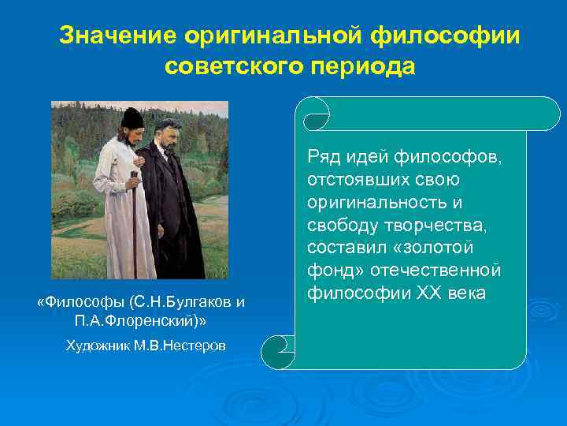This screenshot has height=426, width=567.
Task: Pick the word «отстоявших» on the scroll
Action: [x=352, y=181]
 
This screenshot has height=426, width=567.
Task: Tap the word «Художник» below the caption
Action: [x=94, y=346]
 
